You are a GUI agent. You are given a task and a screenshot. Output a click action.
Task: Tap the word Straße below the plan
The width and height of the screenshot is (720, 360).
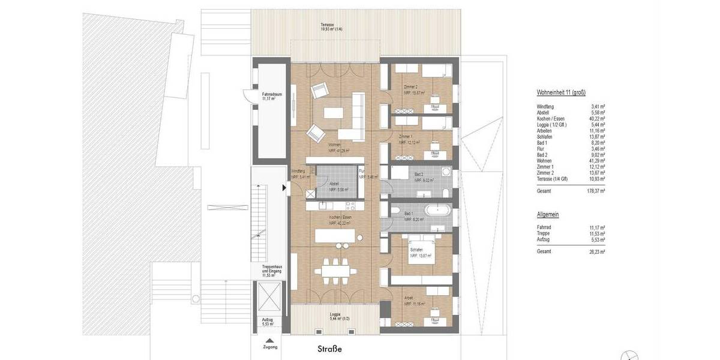[x=329, y=348]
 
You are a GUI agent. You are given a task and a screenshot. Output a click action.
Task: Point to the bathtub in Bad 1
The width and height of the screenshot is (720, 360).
[x=435, y=211]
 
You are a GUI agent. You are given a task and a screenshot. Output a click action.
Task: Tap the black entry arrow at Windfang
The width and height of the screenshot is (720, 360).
[x=284, y=188]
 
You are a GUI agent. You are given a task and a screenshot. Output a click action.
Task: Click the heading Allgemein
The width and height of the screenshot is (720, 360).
[x=548, y=214]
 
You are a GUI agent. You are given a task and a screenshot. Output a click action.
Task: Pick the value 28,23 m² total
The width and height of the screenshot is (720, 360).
[x=596, y=253]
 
